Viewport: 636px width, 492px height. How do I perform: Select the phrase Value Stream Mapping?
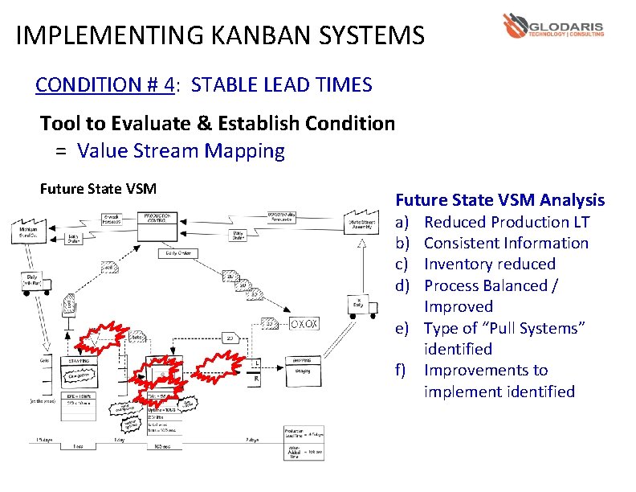click(x=181, y=151)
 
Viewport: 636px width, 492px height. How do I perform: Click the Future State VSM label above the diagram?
click(x=98, y=189)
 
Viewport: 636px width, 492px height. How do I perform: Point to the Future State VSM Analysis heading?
click(x=500, y=200)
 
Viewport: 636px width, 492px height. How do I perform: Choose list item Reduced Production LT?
click(x=506, y=222)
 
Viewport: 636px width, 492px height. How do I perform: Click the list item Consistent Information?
click(x=506, y=243)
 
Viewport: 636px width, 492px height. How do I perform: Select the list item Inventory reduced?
click(x=489, y=264)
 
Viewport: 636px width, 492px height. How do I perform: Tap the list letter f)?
click(x=402, y=371)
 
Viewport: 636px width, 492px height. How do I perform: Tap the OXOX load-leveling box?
click(x=304, y=325)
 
